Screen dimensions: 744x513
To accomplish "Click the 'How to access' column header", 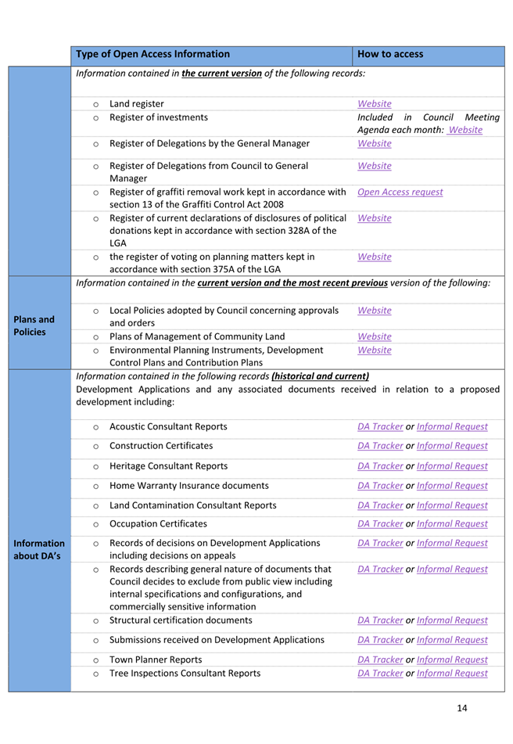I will (x=389, y=54).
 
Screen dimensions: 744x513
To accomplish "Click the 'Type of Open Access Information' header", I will (x=153, y=54).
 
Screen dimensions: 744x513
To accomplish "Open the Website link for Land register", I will (x=374, y=103).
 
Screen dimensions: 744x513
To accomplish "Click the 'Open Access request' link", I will (x=399, y=192).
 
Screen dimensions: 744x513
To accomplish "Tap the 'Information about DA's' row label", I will (x=37, y=548).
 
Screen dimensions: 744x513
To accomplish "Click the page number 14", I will (x=461, y=708).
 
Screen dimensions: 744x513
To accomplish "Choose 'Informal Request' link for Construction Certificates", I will (x=452, y=446).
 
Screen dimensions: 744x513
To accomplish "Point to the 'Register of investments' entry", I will (x=159, y=117).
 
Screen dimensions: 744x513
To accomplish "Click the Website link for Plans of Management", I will (x=374, y=336).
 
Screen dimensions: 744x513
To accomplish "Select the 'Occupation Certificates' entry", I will (x=159, y=523).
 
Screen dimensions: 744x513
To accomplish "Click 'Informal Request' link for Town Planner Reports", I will (x=452, y=660).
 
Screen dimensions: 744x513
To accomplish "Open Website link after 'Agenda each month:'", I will (x=465, y=130).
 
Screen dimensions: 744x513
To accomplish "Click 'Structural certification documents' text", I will (x=181, y=620).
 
